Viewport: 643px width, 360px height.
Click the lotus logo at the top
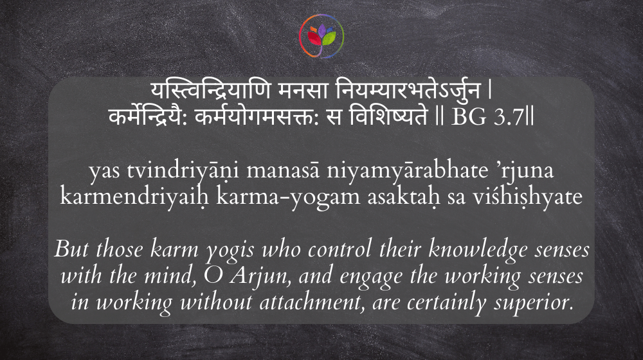coord(321,36)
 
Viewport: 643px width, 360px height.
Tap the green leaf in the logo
coord(329,39)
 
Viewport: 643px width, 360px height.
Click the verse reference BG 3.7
coord(488,117)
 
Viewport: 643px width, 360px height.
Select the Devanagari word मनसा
coord(303,90)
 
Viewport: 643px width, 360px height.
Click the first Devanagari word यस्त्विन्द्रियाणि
coord(210,90)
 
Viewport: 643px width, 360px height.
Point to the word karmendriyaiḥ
coord(135,197)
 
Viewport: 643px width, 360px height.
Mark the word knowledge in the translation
coord(478,249)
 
